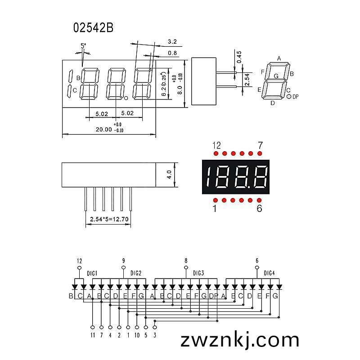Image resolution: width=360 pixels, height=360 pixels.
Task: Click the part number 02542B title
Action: (93, 28)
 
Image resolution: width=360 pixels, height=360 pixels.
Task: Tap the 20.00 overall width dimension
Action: (104, 130)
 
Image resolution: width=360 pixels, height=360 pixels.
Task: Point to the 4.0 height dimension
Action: (169, 175)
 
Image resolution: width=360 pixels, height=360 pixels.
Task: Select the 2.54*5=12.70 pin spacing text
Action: (109, 219)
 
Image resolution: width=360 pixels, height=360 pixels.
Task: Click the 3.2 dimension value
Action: (172, 41)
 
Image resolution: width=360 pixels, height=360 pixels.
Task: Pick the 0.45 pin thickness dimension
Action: (239, 57)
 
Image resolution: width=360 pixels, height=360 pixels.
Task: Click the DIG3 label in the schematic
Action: (198, 273)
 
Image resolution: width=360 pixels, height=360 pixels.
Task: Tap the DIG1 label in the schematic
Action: (92, 273)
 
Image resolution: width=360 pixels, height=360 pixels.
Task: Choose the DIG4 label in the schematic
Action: (269, 273)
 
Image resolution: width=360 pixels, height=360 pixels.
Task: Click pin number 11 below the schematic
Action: (93, 335)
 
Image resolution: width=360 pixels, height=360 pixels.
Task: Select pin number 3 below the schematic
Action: (155, 335)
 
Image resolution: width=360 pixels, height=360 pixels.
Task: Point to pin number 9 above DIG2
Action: (123, 261)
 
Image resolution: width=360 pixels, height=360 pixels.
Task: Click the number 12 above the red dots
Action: (216, 145)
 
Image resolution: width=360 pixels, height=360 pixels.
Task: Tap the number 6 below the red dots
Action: (259, 208)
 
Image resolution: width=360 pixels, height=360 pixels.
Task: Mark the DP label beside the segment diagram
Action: (296, 97)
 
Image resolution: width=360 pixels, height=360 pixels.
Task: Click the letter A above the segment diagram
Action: (279, 58)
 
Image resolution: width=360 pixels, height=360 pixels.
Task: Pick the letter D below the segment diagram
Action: (273, 103)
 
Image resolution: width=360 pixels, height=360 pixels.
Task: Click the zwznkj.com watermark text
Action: (240, 340)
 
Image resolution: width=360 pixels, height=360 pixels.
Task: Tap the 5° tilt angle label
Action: (83, 46)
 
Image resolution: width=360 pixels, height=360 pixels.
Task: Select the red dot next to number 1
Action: (216, 200)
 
